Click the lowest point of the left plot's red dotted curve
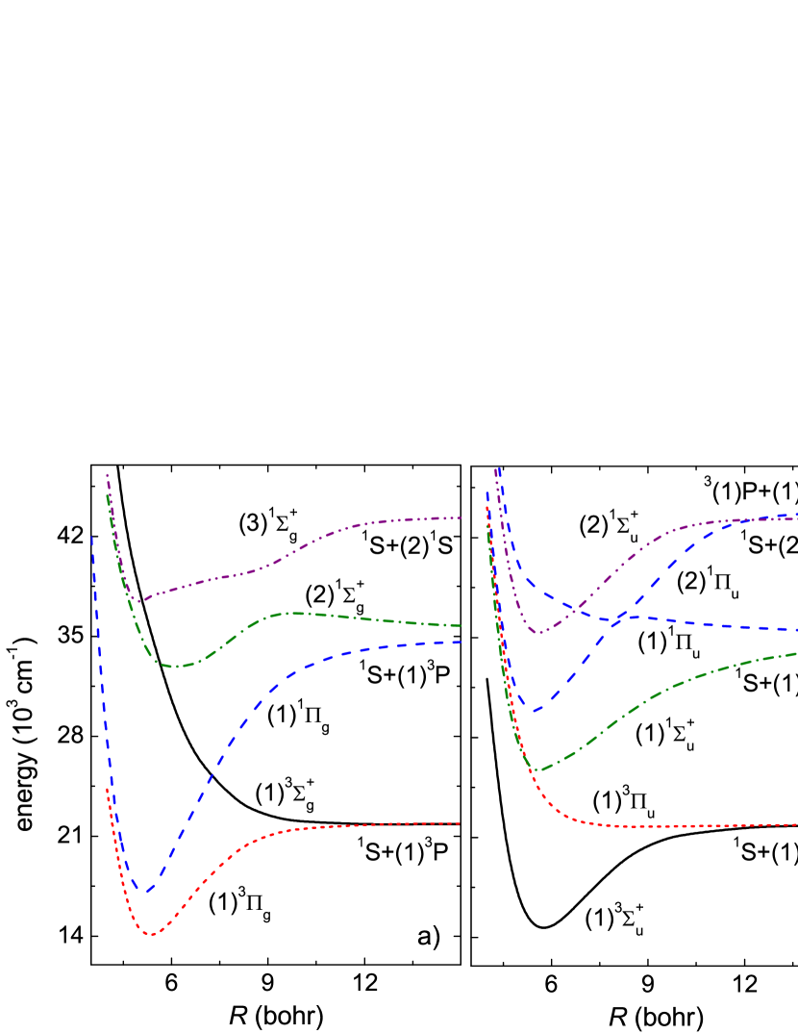[150, 934]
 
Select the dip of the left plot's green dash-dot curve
[176, 666]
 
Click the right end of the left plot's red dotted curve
[461, 822]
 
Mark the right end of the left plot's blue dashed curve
[461, 642]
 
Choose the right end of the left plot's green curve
[461, 626]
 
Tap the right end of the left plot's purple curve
[461, 517]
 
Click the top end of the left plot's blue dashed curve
[92, 537]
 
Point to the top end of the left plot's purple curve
[107, 473]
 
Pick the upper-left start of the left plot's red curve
[107, 789]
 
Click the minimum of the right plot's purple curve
[540, 633]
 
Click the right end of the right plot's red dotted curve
[796, 824]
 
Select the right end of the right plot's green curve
[796, 653]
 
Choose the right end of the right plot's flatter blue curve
[796, 630]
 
